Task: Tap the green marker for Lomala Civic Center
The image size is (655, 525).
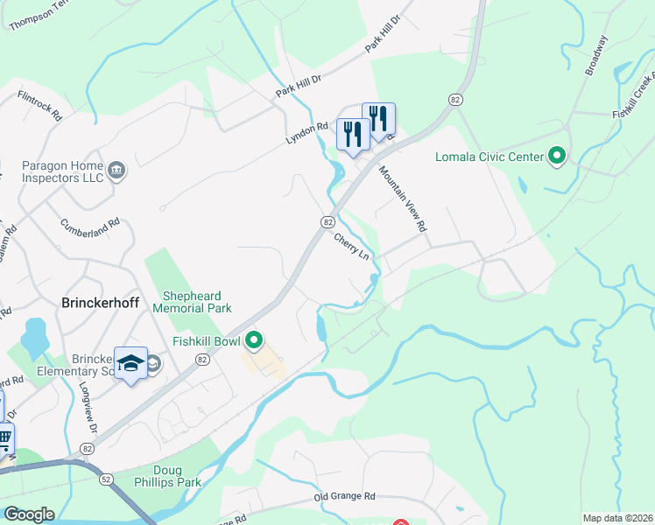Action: coord(556,157)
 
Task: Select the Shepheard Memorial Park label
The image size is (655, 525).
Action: coord(193,302)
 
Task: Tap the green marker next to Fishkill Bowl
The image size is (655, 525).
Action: coord(255,339)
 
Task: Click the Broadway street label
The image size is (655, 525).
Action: coord(595,55)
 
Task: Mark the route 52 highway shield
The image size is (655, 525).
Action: coord(106,479)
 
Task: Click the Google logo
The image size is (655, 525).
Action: coord(29,514)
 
